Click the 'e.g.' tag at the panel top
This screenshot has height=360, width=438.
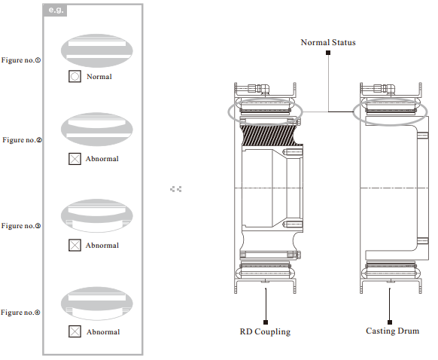tap(55, 11)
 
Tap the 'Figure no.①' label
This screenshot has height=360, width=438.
tap(21, 60)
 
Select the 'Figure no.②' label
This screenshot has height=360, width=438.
tap(22, 140)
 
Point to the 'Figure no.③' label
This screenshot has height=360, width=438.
tap(21, 225)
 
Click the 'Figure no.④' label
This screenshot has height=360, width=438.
tap(20, 313)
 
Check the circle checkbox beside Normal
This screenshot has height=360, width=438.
tap(75, 76)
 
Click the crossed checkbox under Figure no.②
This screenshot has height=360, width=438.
tap(75, 159)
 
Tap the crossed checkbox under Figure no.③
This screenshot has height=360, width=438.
tap(75, 245)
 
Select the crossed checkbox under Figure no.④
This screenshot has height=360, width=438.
tap(75, 331)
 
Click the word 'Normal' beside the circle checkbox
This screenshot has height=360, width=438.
tap(99, 77)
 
